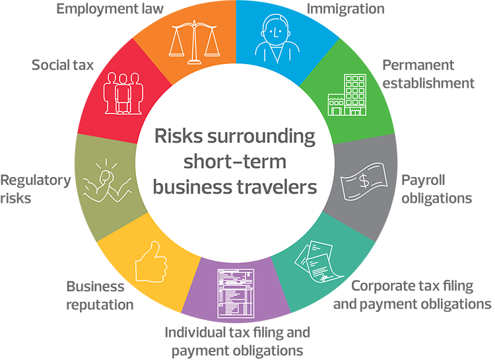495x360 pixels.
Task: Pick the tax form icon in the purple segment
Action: [241, 291]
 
